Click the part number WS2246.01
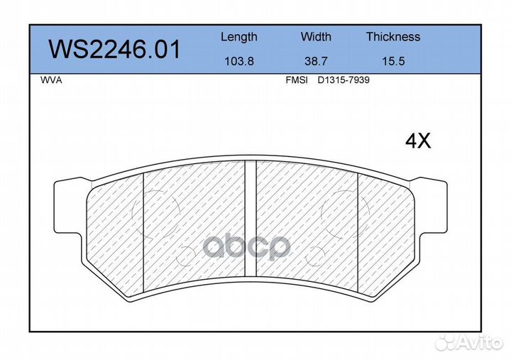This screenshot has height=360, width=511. click(114, 49)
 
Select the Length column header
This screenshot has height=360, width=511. click(239, 37)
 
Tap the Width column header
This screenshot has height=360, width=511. click(316, 36)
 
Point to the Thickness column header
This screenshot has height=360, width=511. click(393, 36)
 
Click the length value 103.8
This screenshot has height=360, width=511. click(239, 61)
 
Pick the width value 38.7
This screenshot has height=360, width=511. click(316, 61)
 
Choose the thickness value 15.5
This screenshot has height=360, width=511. click(393, 61)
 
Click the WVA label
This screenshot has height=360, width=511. click(51, 80)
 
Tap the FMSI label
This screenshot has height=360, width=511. click(297, 80)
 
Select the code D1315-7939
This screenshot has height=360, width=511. click(344, 80)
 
